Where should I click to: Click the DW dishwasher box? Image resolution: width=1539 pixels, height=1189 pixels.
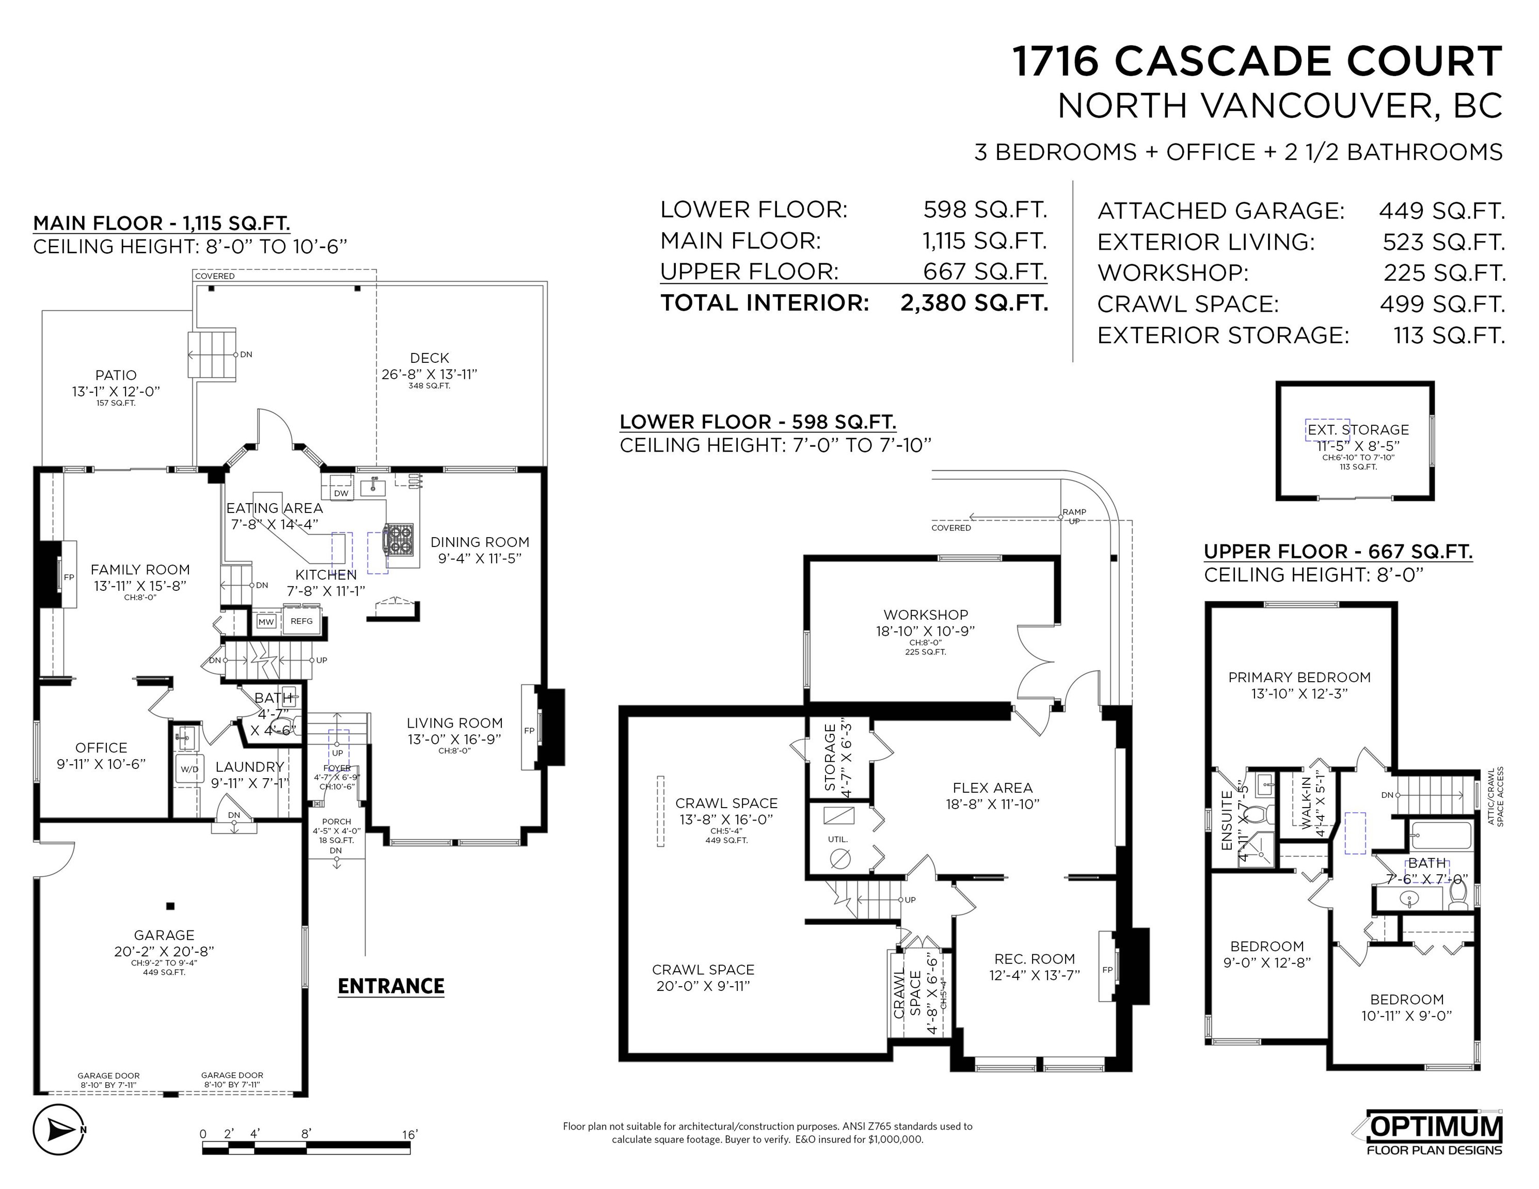coord(341,493)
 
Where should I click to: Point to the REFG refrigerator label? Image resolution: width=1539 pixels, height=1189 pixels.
coord(302,621)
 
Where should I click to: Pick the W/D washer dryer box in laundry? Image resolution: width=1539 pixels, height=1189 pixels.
coord(189,769)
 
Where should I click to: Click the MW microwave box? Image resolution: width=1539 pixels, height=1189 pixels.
coord(266,622)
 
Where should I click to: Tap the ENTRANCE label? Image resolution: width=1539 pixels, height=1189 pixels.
coord(391,986)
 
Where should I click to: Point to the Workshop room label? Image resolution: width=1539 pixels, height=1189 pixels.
coord(926,615)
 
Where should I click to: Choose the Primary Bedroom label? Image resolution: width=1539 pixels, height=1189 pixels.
coord(1299,678)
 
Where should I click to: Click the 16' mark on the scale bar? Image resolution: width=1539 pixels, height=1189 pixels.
coord(409,1134)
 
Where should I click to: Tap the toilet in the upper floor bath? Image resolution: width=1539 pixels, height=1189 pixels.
coord(1457,894)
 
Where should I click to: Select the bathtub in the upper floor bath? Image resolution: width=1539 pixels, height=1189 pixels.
coord(1441,836)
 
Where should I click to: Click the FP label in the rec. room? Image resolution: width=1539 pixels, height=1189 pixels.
coord(1107,970)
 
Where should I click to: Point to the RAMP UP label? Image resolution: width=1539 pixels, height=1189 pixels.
coord(1074,516)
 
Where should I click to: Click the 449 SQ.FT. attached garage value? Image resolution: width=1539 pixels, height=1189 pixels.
coord(1442,211)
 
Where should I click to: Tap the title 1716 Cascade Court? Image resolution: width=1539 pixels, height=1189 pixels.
coord(1258,61)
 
